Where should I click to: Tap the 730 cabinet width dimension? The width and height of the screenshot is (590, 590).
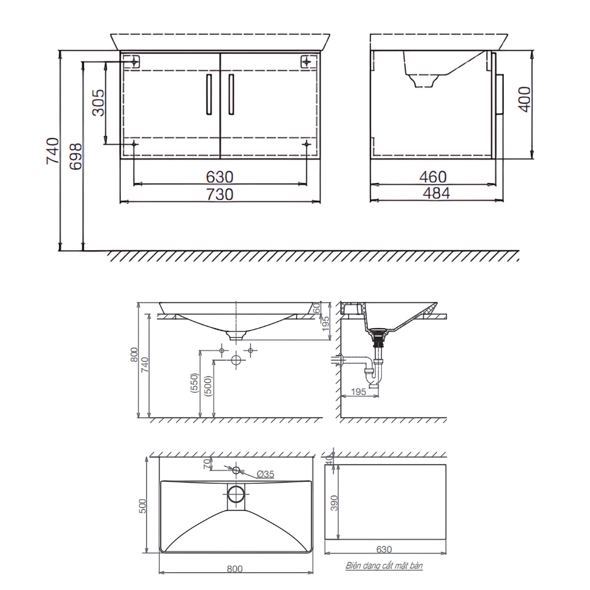coord(219,194)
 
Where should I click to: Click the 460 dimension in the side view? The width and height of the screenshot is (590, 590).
coord(434,176)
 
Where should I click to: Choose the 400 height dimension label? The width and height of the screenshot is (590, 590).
coord(525,99)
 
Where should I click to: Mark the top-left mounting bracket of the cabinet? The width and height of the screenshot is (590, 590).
coord(134,61)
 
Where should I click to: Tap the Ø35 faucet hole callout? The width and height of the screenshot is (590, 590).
coord(265,474)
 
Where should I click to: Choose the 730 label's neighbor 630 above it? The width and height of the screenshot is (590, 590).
coord(219,176)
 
